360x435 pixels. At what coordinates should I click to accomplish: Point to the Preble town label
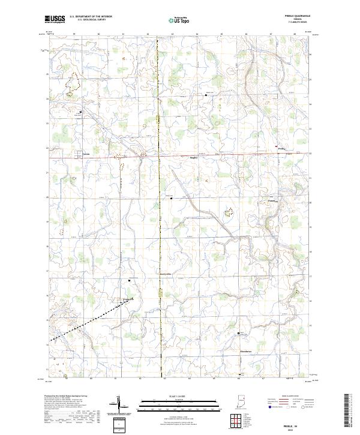283,149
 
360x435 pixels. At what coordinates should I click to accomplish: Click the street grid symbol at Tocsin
79,154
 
